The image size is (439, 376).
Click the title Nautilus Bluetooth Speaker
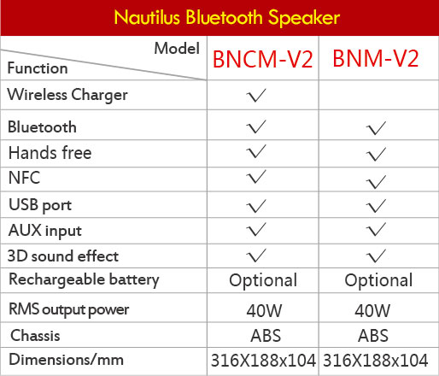pyautogui.click(x=227, y=18)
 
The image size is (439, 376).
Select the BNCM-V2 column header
pyautogui.click(x=263, y=59)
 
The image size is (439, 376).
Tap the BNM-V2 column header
pyautogui.click(x=376, y=58)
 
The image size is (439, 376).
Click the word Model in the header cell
pyautogui.click(x=177, y=48)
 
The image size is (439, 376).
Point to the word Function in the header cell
pyautogui.click(x=38, y=68)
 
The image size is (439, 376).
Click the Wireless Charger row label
pyautogui.click(x=67, y=95)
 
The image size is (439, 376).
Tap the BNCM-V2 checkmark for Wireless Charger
pyautogui.click(x=256, y=95)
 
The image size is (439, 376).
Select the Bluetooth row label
pyautogui.click(x=42, y=126)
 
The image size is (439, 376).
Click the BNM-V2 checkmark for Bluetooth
pyautogui.click(x=376, y=128)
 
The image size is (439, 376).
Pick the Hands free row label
pyautogui.click(x=50, y=153)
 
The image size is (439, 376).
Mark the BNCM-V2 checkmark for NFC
pyautogui.click(x=256, y=177)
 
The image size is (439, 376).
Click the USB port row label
pyautogui.click(x=40, y=205)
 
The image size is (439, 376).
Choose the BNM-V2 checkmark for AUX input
pyautogui.click(x=376, y=230)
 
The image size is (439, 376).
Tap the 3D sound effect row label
pyautogui.click(x=63, y=256)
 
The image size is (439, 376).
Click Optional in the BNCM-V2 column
pyautogui.click(x=263, y=280)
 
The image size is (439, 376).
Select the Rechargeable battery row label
pyautogui.click(x=84, y=279)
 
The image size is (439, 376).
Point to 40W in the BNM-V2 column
pyautogui.click(x=372, y=310)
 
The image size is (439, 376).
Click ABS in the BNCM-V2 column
pyautogui.click(x=266, y=336)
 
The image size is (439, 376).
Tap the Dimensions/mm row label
pyautogui.click(x=66, y=360)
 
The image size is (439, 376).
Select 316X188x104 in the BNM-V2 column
pyautogui.click(x=376, y=361)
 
